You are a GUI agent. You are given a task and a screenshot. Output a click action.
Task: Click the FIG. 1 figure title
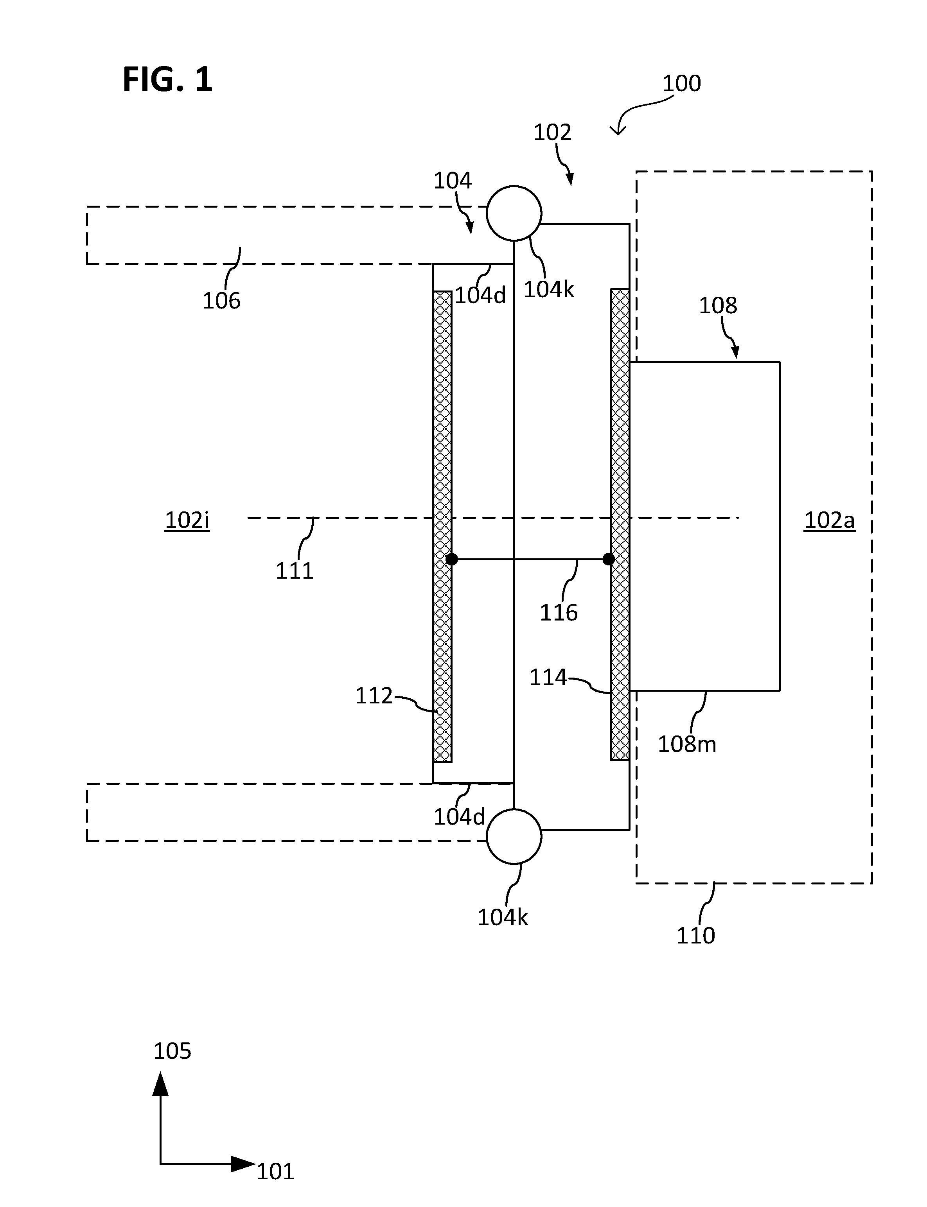[167, 79]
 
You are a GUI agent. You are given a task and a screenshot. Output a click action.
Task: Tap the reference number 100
[681, 83]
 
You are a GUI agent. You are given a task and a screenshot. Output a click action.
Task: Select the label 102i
[187, 520]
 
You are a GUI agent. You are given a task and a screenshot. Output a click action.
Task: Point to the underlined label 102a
[829, 520]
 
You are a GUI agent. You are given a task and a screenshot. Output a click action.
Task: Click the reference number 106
[222, 301]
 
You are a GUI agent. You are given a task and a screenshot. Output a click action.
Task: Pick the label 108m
[687, 744]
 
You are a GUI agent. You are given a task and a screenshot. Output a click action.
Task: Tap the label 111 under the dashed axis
[295, 570]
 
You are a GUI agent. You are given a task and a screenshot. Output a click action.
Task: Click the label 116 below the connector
[559, 612]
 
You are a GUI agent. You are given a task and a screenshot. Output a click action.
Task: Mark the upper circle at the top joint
[514, 213]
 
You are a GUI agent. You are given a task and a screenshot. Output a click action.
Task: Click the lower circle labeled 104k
[514, 836]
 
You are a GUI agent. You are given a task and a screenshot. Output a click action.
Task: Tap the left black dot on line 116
[451, 560]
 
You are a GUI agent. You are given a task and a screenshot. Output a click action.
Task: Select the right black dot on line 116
[609, 560]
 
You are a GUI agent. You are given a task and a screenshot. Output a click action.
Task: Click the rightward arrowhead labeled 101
[243, 1164]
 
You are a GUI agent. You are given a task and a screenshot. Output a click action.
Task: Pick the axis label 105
[172, 1051]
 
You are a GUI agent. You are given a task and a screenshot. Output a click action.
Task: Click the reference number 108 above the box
[718, 305]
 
